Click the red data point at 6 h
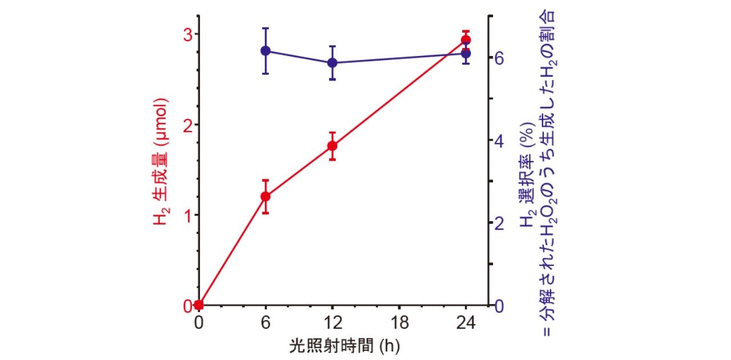pyautogui.click(x=266, y=197)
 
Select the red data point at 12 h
pyautogui.click(x=332, y=146)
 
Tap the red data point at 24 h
pyautogui.click(x=465, y=40)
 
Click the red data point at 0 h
pyautogui.click(x=199, y=305)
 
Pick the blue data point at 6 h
pyautogui.click(x=266, y=51)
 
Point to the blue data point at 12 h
pyautogui.click(x=332, y=63)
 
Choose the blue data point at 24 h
pyautogui.click(x=465, y=54)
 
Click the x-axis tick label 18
pyautogui.click(x=399, y=323)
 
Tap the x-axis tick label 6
pyautogui.click(x=266, y=323)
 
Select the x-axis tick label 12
pyautogui.click(x=332, y=323)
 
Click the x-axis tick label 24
pyautogui.click(x=465, y=323)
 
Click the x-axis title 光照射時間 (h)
pyautogui.click(x=331, y=346)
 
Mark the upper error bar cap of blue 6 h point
pyautogui.click(x=266, y=28)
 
